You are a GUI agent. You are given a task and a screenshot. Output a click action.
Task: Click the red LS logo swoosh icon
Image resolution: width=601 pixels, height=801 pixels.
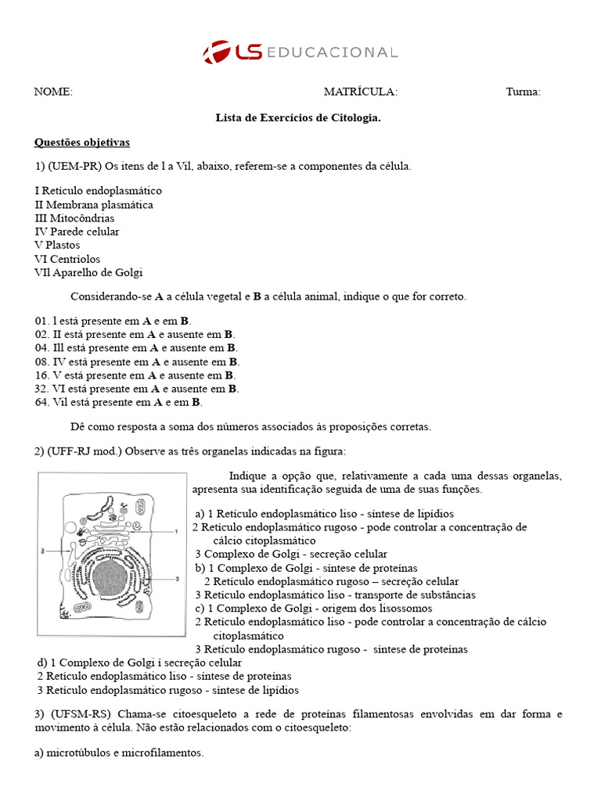click(217, 52)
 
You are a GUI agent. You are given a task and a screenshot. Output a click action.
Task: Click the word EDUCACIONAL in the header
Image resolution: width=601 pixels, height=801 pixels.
click(332, 52)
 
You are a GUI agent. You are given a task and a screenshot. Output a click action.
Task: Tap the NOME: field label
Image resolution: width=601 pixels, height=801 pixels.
click(53, 92)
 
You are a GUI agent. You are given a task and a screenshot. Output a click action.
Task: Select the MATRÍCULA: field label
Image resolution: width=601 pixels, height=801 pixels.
click(360, 92)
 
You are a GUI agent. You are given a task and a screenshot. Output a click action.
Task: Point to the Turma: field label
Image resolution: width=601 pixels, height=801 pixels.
click(523, 92)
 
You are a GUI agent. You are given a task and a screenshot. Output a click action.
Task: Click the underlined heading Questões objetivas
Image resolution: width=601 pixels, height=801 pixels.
click(81, 142)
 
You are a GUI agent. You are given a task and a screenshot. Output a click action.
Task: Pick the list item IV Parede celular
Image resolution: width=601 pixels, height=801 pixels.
click(77, 232)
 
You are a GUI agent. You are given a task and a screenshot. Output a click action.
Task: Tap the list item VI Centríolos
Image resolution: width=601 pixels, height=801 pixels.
click(67, 259)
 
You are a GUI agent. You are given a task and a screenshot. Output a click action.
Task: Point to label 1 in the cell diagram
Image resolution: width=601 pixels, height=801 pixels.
click(178, 531)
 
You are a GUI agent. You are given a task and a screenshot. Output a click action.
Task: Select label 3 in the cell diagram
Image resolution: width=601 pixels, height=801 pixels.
click(178, 578)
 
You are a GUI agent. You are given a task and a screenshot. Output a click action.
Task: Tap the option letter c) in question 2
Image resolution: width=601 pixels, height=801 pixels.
click(200, 609)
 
